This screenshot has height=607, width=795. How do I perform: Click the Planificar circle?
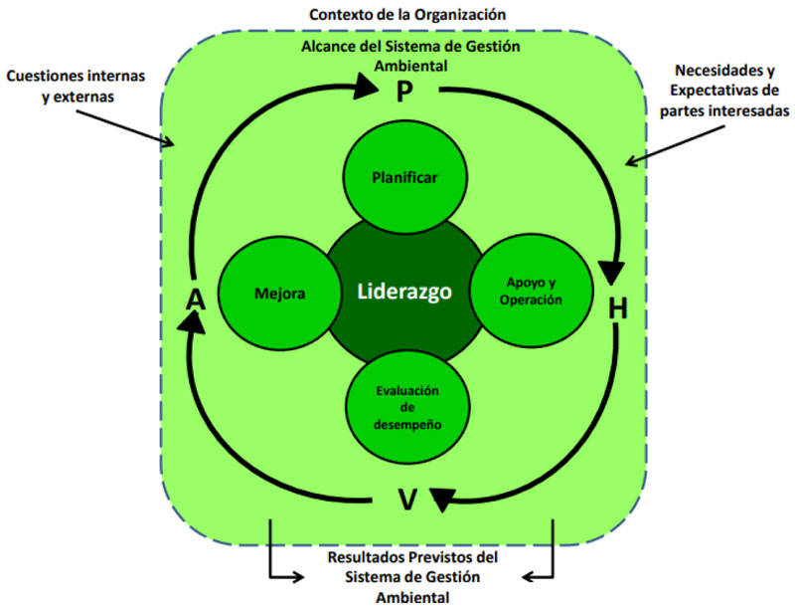click(404, 177)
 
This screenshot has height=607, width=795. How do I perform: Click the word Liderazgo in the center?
click(404, 293)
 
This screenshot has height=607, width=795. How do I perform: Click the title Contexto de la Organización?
click(406, 15)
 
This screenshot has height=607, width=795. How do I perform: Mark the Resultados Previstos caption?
click(405, 576)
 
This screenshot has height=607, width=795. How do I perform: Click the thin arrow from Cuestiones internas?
click(139, 124)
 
